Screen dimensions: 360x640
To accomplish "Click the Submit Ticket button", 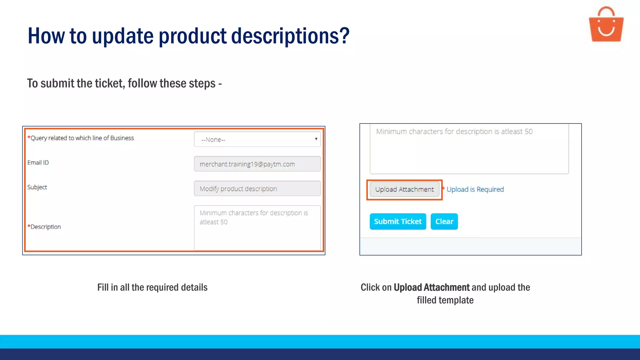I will (397, 222).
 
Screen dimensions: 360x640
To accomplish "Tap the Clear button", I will (444, 222).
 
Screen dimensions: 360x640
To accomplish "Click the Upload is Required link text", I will (475, 189).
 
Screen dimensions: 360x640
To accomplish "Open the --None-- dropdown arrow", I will (316, 139).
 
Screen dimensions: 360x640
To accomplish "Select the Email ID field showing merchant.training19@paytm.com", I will (257, 164).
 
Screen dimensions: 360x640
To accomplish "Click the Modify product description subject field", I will (257, 189).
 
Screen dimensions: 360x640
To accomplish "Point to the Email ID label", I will (38, 162).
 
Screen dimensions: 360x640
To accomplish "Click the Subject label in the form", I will (37, 187).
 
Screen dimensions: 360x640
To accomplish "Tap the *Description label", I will (44, 227).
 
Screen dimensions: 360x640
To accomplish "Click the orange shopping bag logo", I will (606, 25).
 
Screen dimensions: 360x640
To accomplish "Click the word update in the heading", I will (122, 36).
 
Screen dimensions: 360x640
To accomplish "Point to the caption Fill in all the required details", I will (152, 287).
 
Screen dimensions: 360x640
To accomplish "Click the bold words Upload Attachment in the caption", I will (431, 287).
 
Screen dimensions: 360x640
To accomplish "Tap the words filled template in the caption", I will (445, 300).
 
